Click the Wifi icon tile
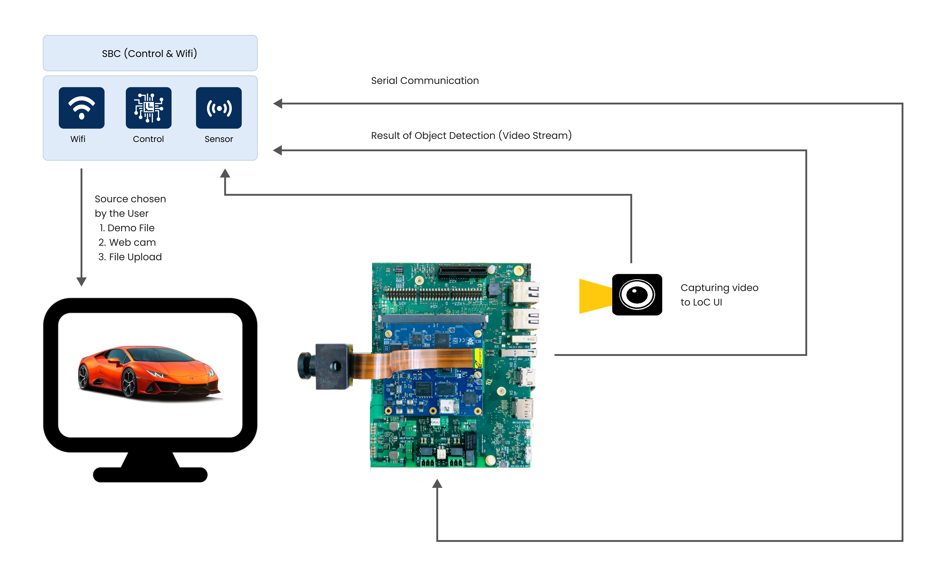(x=81, y=108)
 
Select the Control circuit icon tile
(x=148, y=108)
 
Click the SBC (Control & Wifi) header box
(x=150, y=53)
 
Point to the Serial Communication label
(x=425, y=81)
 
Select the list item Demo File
(x=127, y=228)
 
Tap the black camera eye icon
(x=637, y=294)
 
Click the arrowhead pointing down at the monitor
(x=81, y=281)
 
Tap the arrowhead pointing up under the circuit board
(x=437, y=484)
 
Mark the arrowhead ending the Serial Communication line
(x=278, y=103)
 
